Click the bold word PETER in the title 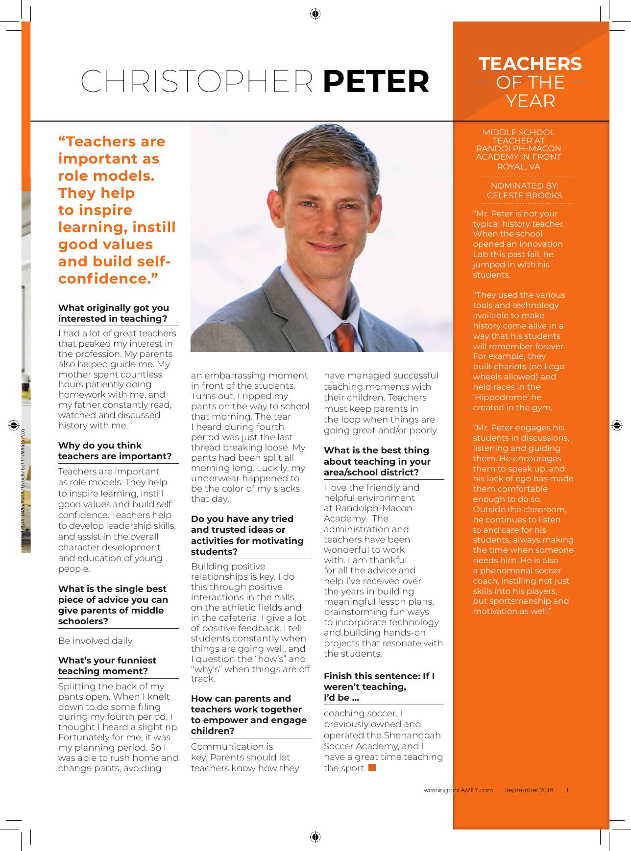coord(376,81)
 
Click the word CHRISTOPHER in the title coord(197,81)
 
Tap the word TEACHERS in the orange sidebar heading coord(530,64)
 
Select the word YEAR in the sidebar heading coord(530,101)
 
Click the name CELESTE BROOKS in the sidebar coord(524,195)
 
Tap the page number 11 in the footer coord(569,790)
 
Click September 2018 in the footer coord(529,790)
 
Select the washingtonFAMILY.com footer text coord(458,790)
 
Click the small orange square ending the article coord(372,767)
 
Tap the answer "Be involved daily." coord(96,640)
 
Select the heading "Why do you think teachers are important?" coord(115,450)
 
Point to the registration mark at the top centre coord(315,14)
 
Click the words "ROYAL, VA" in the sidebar coord(518,166)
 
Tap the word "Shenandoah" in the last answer coord(413,735)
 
